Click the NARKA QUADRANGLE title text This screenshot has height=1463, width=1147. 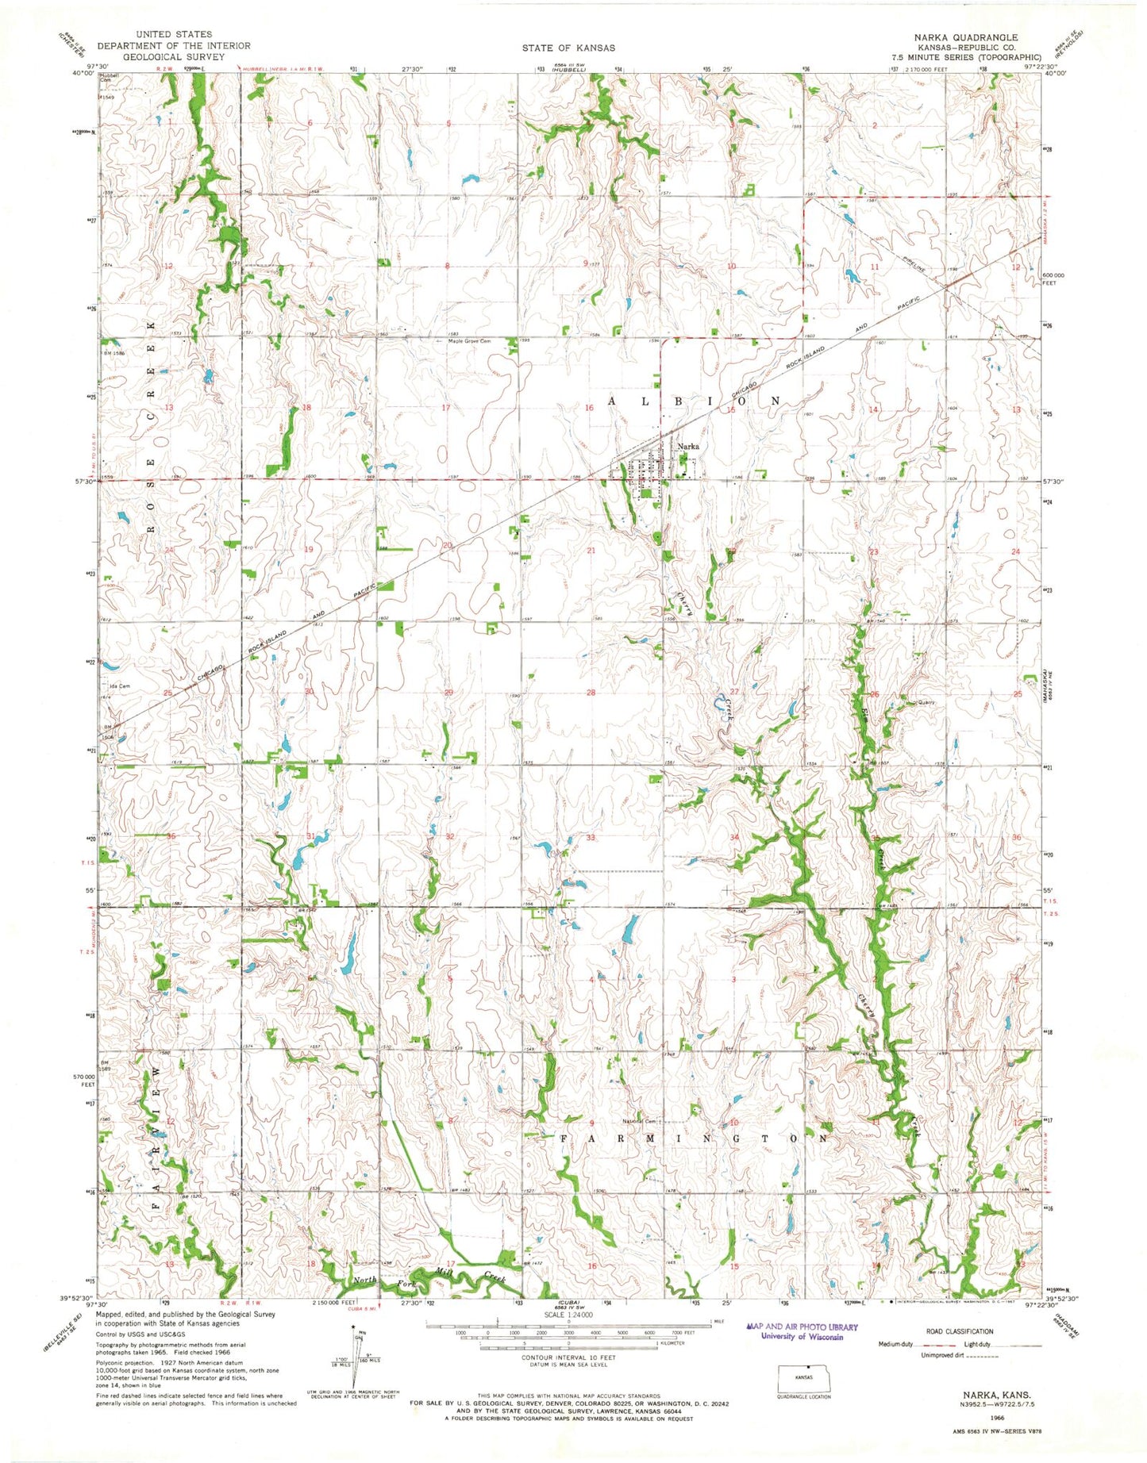tap(965, 37)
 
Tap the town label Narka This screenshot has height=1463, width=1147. tap(687, 446)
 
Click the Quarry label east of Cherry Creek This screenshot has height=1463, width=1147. tap(926, 702)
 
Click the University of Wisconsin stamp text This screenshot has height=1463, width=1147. tap(802, 1336)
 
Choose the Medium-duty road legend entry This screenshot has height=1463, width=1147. tap(896, 1344)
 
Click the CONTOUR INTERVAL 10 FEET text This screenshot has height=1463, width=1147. tap(568, 1357)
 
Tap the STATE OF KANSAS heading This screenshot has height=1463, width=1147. tap(568, 48)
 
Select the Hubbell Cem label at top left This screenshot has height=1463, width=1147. tap(109, 79)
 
